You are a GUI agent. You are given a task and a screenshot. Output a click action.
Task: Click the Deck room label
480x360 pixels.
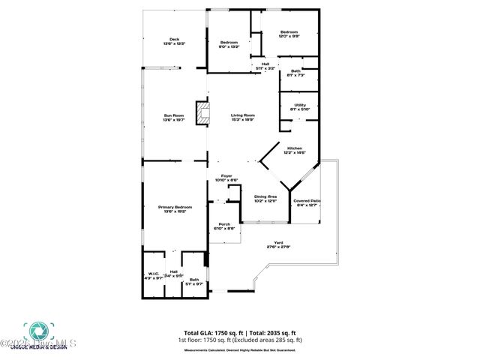coord(174,41)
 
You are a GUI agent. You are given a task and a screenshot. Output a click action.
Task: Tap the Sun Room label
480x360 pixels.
coord(174,117)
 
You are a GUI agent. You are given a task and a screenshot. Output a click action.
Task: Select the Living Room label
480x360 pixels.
coord(242,117)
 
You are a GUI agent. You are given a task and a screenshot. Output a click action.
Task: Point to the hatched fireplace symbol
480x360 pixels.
coord(202,113)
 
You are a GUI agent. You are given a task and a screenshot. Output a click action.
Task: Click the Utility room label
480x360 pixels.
coord(299,106)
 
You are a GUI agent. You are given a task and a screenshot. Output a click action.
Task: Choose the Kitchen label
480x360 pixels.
coord(294,150)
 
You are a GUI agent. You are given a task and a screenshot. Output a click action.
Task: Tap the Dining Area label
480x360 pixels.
coord(265,198)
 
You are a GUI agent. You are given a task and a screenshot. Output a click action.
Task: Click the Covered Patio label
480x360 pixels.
coord(307,202)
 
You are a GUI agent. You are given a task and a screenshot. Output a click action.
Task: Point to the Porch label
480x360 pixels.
coord(224,226)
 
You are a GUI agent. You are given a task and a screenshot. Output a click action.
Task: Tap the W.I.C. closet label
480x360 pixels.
coord(153,275)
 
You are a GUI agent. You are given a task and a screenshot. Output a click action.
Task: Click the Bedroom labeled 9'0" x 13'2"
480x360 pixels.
coord(228,43)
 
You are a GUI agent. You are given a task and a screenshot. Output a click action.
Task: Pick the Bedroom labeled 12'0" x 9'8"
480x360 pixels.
coord(289,34)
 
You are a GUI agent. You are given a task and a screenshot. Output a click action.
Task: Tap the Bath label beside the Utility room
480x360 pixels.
coord(295,73)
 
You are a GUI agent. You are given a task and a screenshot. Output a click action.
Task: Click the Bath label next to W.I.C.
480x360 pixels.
coord(194,281)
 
